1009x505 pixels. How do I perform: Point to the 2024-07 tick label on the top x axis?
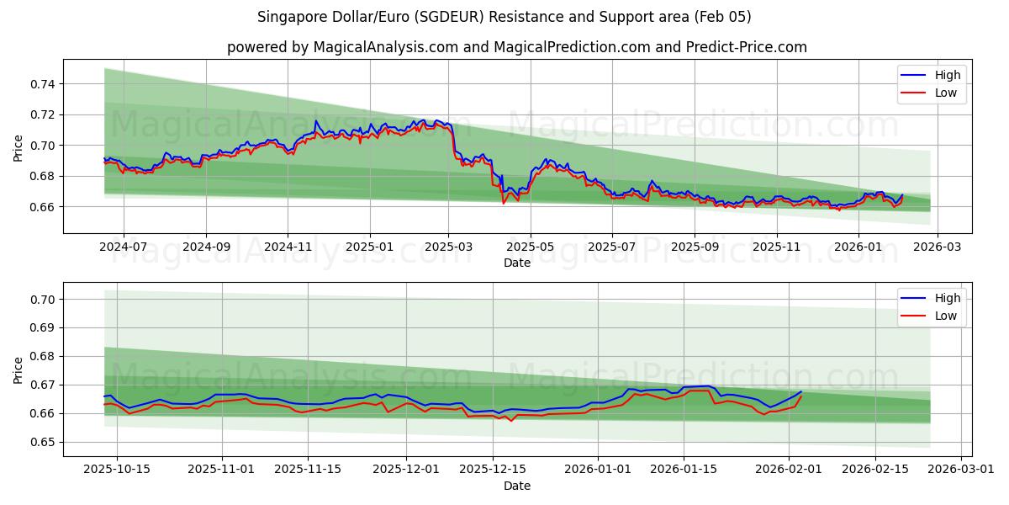coord(124,248)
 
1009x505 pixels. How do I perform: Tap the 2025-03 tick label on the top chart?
coord(448,248)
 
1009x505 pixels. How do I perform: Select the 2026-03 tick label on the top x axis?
coord(938,248)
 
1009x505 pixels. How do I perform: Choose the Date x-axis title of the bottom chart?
coord(517,486)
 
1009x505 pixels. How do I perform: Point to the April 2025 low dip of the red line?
coord(504,203)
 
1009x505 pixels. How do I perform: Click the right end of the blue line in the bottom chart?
coord(801,391)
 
